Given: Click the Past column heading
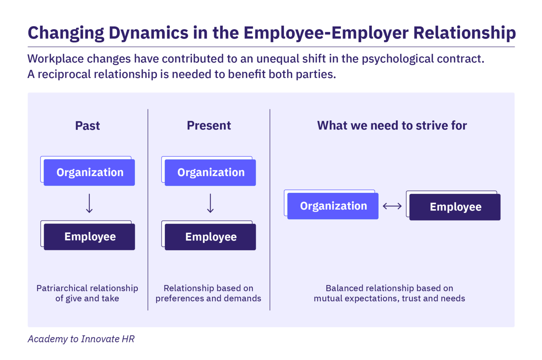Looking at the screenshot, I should tap(88, 126).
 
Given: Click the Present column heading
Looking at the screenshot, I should tap(209, 126).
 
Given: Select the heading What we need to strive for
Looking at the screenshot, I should tap(392, 126).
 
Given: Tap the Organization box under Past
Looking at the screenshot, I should tap(89, 172).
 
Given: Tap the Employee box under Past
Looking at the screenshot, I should tap(89, 236).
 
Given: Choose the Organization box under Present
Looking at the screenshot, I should tap(210, 172).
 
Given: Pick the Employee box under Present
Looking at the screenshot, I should tap(210, 237).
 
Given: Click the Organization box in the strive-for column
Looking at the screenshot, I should tap(333, 206).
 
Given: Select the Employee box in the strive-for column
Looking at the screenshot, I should tap(455, 207).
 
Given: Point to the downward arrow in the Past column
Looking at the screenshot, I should tap(89, 203).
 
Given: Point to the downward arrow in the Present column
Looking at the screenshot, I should tap(210, 203).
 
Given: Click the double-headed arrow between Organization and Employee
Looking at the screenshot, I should tap(392, 206).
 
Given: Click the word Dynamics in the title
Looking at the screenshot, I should tap(148, 33).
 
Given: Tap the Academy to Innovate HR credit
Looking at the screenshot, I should tap(81, 339).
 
